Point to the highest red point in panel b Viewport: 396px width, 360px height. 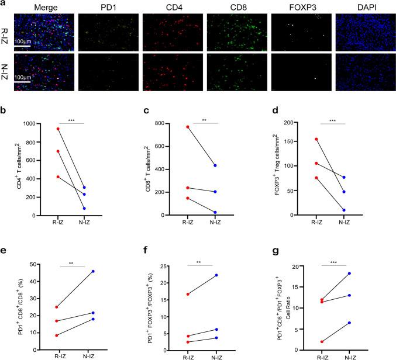[58, 129]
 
